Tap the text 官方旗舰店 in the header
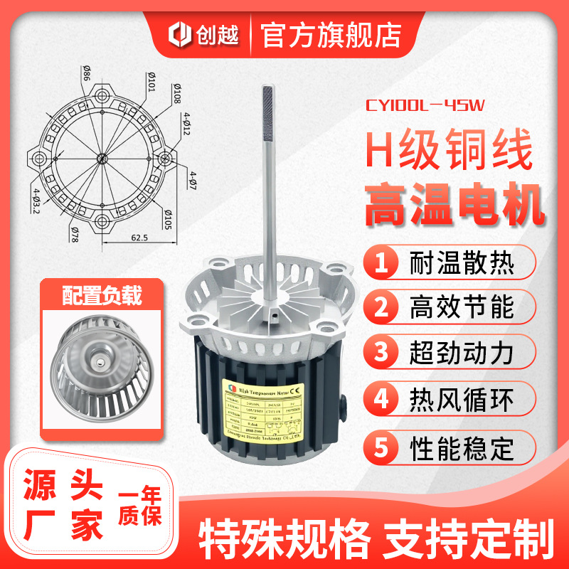331,33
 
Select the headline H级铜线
447,150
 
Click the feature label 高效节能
462,308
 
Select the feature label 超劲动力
462,351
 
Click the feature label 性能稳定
462,449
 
